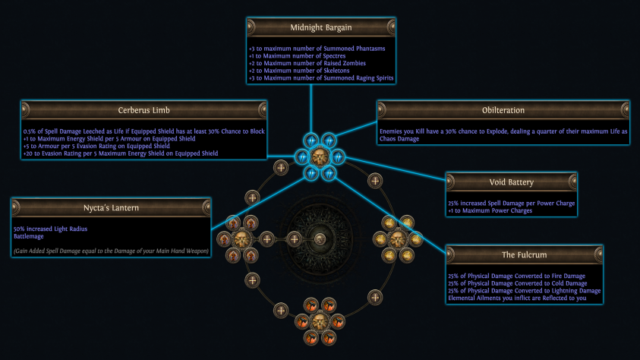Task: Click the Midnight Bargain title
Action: [321, 28]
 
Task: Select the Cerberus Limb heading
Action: [143, 110]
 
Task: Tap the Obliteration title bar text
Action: [503, 110]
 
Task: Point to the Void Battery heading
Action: [512, 182]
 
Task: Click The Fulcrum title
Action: [524, 254]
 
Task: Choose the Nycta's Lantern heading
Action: [111, 208]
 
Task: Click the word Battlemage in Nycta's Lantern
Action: [29, 236]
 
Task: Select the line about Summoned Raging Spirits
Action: [321, 78]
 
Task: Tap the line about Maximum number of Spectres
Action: [297, 56]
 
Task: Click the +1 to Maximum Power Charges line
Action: [490, 210]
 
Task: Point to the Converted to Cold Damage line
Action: [518, 283]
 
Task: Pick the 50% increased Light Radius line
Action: [50, 229]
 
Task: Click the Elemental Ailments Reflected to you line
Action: [517, 298]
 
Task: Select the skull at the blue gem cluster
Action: [320, 157]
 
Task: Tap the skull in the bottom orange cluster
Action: [320, 321]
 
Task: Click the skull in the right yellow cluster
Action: [398, 239]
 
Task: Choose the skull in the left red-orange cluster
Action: [241, 239]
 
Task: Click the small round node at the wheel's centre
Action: [320, 239]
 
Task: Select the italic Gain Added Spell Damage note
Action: [111, 251]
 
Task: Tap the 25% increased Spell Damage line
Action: [512, 204]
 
